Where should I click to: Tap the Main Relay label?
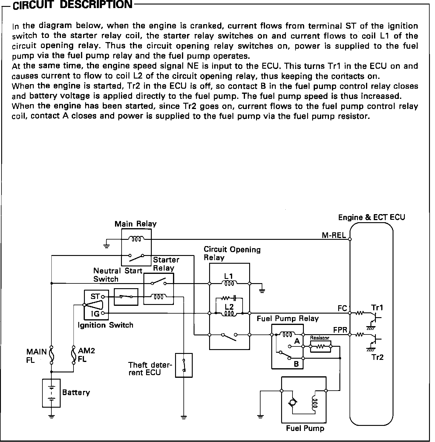pyautogui.click(x=135, y=224)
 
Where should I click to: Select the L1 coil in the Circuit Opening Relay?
pyautogui.click(x=229, y=283)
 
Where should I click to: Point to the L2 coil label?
pyautogui.click(x=229, y=307)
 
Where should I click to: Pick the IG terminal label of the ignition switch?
pyautogui.click(x=95, y=314)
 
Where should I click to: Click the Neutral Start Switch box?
pyautogui.click(x=126, y=297)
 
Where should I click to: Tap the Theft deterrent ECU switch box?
pyautogui.click(x=184, y=365)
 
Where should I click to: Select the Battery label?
pyautogui.click(x=76, y=392)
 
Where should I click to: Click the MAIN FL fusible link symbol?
pyautogui.click(x=51, y=355)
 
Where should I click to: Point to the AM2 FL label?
pyautogui.click(x=86, y=355)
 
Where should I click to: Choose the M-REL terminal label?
pyautogui.click(x=333, y=235)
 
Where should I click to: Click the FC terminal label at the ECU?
pyautogui.click(x=342, y=308)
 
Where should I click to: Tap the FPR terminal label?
pyautogui.click(x=340, y=330)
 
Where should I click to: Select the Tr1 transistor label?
pyautogui.click(x=377, y=308)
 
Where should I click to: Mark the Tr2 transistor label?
pyautogui.click(x=378, y=357)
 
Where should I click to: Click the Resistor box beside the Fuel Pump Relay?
pyautogui.click(x=321, y=346)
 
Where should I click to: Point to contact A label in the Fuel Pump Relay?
pyautogui.click(x=297, y=341)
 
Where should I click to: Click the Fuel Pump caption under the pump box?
pyautogui.click(x=305, y=429)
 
